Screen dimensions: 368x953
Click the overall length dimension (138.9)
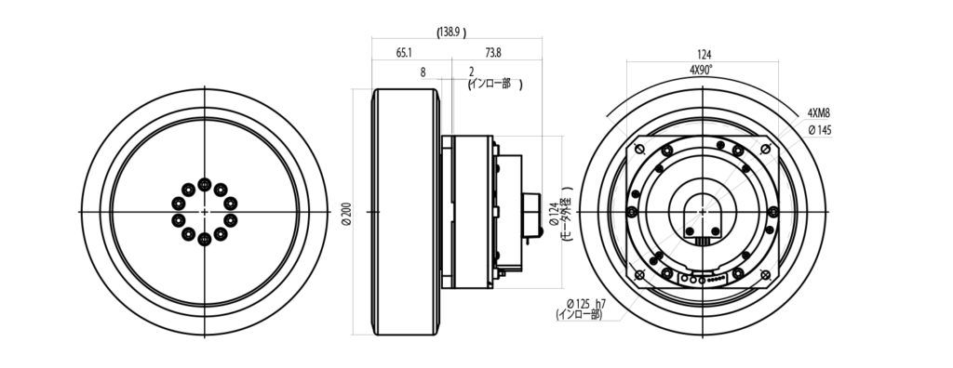pyautogui.click(x=449, y=32)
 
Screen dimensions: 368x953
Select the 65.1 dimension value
pyautogui.click(x=404, y=54)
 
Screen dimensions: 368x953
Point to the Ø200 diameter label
pyautogui.click(x=347, y=212)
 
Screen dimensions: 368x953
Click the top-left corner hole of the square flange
pyautogui.click(x=640, y=150)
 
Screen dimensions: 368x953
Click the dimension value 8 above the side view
pyautogui.click(x=423, y=71)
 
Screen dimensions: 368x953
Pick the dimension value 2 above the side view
pyautogui.click(x=472, y=71)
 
